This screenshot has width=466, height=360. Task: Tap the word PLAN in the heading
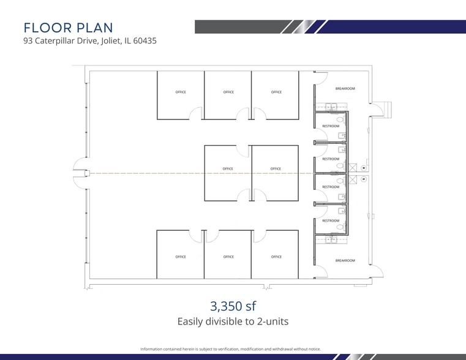(x=95, y=28)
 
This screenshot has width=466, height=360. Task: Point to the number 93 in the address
(x=28, y=40)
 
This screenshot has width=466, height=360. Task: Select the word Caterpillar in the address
(x=54, y=41)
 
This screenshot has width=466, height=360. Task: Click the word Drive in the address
(x=87, y=40)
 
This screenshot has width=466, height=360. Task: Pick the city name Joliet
(x=111, y=41)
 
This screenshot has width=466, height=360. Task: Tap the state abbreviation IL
(x=128, y=40)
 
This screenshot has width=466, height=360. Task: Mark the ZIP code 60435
(x=145, y=40)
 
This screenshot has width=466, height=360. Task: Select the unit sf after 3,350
(x=250, y=306)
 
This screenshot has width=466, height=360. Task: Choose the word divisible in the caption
(x=220, y=321)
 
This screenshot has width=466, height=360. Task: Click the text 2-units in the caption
(x=272, y=321)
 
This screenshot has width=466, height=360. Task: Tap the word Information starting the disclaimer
(x=151, y=349)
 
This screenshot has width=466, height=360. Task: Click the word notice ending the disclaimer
(x=315, y=349)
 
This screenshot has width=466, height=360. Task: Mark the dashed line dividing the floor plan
(x=202, y=173)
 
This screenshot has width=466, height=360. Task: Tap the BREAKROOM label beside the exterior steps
(x=345, y=89)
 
